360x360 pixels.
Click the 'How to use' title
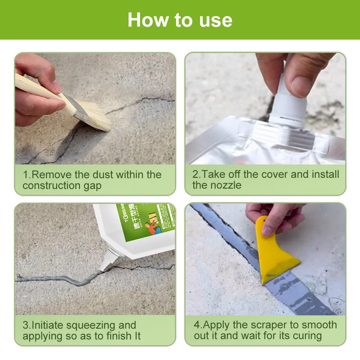(180, 20)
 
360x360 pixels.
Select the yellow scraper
(275, 256)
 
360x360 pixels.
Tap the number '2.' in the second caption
(196, 175)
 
